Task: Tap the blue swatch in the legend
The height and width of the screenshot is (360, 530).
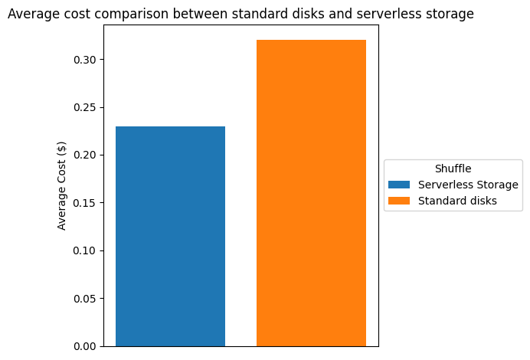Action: (x=399, y=185)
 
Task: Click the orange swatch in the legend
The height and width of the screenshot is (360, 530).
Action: (x=399, y=201)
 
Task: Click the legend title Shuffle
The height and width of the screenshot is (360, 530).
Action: (x=453, y=169)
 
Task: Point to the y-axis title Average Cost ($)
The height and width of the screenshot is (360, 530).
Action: (x=62, y=185)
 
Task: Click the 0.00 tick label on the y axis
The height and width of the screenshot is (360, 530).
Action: (x=85, y=346)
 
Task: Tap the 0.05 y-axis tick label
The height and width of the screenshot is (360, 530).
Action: (x=85, y=299)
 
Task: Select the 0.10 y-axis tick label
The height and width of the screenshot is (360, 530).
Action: (x=85, y=250)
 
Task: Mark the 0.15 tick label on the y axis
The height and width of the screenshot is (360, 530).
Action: (x=85, y=203)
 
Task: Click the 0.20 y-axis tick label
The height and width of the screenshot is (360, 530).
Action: (x=85, y=155)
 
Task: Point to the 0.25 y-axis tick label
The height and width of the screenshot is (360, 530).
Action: (x=85, y=107)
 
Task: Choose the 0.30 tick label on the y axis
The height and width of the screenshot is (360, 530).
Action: (x=85, y=60)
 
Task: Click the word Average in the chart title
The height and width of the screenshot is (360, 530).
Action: (x=31, y=14)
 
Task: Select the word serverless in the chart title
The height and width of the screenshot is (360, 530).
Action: (x=393, y=14)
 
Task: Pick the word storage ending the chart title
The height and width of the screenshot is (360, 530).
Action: (x=452, y=14)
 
